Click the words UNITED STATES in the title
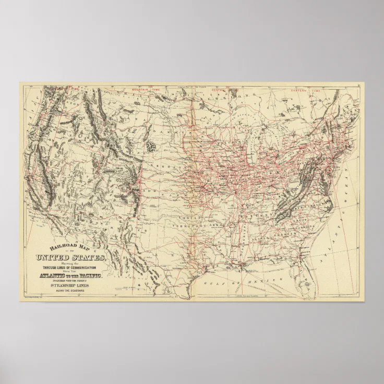click(x=71, y=257)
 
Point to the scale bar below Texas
click(x=245, y=296)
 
